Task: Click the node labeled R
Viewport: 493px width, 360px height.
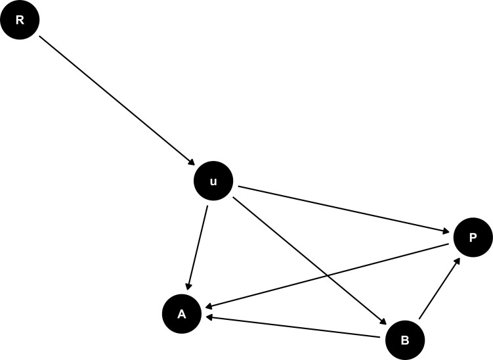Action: (20, 20)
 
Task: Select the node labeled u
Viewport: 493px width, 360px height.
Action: (213, 182)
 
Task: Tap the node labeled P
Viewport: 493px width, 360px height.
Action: (472, 237)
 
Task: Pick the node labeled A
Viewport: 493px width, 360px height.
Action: (182, 315)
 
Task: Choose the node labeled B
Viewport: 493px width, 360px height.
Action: (404, 339)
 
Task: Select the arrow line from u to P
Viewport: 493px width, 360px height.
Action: (345, 210)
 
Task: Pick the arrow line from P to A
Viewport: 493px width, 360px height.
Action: (328, 275)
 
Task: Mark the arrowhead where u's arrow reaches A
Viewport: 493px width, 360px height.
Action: (189, 286)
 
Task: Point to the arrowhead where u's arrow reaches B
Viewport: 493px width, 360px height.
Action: (383, 322)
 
